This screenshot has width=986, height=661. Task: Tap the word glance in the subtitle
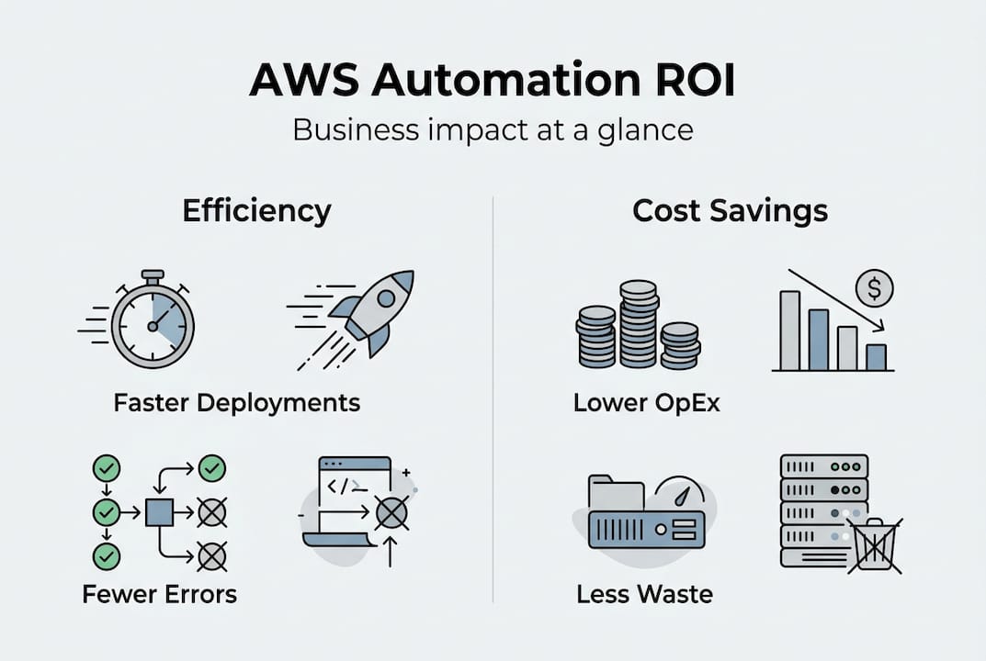[644, 129]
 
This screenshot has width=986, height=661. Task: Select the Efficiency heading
[256, 211]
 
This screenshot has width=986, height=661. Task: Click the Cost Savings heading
[730, 211]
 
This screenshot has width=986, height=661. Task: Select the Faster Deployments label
[236, 402]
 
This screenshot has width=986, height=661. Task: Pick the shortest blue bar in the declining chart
[877, 357]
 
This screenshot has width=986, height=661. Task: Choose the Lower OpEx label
[646, 403]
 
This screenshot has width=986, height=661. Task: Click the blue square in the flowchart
[159, 511]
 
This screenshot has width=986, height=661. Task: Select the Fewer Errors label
[159, 594]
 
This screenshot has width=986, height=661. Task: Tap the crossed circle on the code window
[391, 512]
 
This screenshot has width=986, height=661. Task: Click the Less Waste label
[644, 594]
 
